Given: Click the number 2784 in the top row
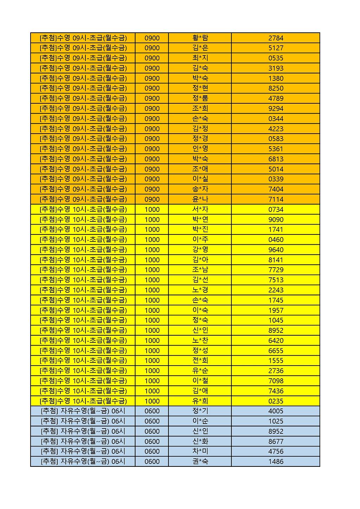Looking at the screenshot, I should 276,38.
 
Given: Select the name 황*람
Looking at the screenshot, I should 200,38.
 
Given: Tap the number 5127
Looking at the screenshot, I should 276,48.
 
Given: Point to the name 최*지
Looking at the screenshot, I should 200,58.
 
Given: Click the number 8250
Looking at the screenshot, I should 276,88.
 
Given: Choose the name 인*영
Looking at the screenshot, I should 200,149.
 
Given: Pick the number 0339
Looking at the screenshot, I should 276,179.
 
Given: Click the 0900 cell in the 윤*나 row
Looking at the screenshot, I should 152,199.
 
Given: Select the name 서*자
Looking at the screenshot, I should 200,210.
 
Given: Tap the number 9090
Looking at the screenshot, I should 276,220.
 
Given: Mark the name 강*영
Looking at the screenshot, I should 200,250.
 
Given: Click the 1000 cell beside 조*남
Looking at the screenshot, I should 152,270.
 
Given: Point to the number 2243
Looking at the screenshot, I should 276,290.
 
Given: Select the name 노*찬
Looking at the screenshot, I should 200,341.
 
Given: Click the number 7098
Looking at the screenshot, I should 276,381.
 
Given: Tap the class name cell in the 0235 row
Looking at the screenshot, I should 83,401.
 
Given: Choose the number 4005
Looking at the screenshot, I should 276,411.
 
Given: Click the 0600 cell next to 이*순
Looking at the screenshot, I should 152,421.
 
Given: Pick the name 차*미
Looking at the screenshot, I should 200,451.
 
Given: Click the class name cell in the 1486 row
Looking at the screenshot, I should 83,462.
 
